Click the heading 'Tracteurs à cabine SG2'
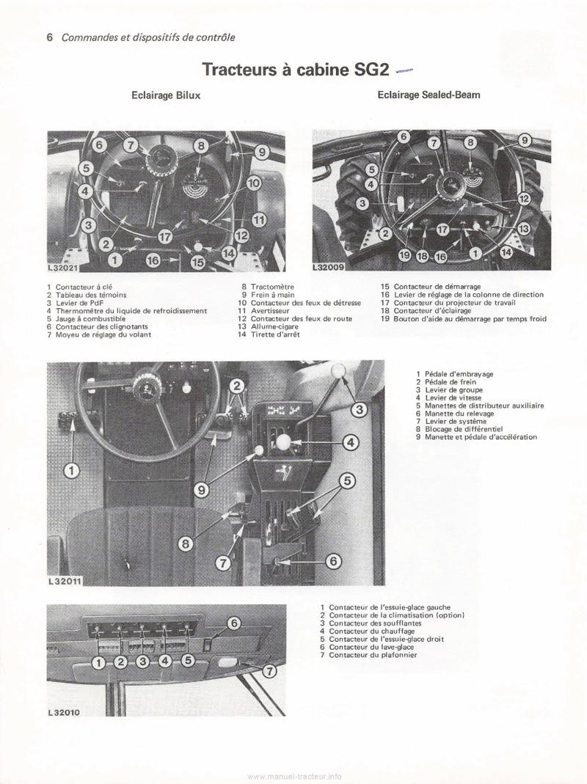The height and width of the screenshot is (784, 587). [x=293, y=70]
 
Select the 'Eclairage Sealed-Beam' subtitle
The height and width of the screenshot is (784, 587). [x=429, y=95]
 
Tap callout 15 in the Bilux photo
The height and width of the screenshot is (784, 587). [x=197, y=260]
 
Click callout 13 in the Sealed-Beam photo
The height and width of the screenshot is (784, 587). [x=523, y=229]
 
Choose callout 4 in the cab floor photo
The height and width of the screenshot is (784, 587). [x=351, y=442]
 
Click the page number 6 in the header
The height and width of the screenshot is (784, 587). [x=50, y=37]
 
